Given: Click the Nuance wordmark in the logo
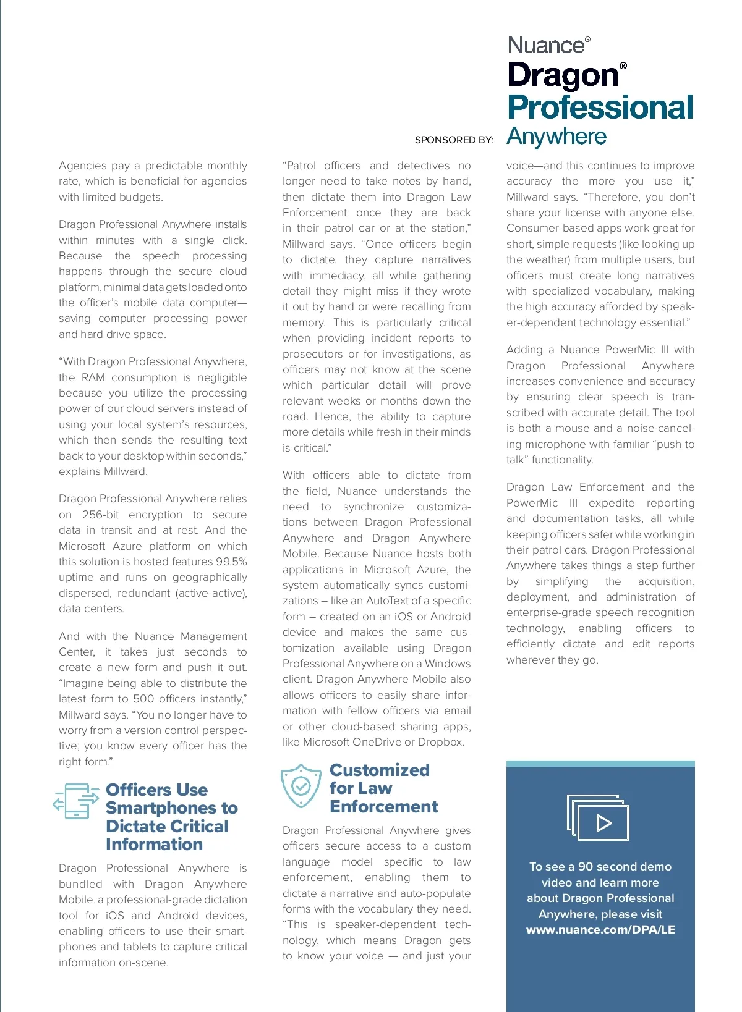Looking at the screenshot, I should tap(546, 45).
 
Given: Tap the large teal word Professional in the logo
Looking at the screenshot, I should tap(600, 108).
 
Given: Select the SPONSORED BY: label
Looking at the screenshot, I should tap(454, 140).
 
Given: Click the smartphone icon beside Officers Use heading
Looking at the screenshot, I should tap(76, 801).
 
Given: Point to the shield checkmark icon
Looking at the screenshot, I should tap(301, 786).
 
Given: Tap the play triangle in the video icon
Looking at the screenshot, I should tap(603, 823).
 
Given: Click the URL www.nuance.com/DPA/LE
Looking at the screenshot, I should tap(600, 930).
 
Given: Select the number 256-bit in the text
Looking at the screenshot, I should tap(100, 515).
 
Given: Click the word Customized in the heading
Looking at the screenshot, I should tap(379, 770).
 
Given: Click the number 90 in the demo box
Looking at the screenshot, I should tap(586, 867).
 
